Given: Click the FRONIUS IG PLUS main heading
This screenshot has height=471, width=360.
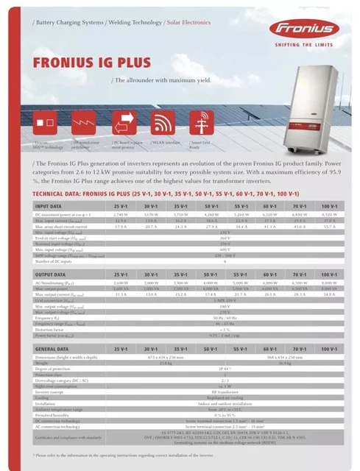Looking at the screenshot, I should (86, 63).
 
